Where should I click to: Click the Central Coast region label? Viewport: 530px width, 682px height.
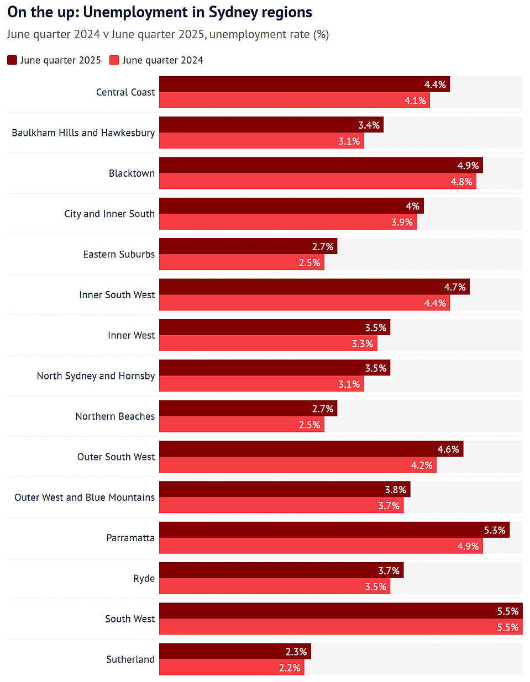tap(125, 92)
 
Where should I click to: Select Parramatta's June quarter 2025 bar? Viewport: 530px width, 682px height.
tap(334, 530)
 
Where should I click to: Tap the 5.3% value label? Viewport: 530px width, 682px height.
tap(495, 530)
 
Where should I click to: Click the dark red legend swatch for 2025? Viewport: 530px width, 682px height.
tap(12, 60)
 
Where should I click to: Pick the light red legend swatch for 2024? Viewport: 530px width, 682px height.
tap(114, 60)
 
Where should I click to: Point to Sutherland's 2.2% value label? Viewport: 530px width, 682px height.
tap(290, 668)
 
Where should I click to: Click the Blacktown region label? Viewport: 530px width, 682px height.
tap(132, 173)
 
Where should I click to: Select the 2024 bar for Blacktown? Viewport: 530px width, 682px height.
tap(317, 181)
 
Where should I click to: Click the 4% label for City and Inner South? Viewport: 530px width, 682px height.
tap(412, 206)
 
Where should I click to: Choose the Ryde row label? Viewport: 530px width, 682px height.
tap(144, 578)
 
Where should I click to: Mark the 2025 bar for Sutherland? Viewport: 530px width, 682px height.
tap(235, 652)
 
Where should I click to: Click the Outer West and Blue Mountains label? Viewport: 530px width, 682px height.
tap(85, 497)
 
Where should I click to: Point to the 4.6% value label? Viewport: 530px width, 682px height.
tap(448, 449)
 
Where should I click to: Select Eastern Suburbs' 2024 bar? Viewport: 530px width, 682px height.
tap(242, 262)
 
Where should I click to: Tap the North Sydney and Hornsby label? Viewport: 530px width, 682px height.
tap(96, 376)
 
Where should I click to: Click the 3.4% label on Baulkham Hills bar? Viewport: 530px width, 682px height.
tap(369, 125)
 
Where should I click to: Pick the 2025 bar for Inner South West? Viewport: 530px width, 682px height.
tap(314, 287)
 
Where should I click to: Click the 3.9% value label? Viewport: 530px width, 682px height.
tap(402, 222)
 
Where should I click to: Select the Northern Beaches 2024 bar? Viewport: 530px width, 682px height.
tap(242, 424)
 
